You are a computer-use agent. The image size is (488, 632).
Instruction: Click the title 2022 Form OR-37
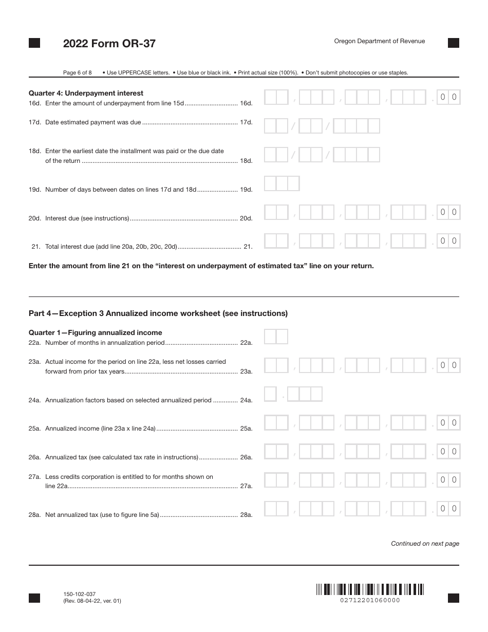[x=109, y=44]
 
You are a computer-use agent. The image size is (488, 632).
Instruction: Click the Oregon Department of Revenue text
[x=379, y=41]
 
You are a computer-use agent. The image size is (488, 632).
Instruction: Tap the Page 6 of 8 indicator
[x=77, y=72]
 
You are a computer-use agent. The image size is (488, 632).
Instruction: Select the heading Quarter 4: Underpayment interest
[x=86, y=93]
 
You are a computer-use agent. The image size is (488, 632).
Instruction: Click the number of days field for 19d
[x=281, y=183]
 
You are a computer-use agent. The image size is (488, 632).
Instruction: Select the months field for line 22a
[x=276, y=337]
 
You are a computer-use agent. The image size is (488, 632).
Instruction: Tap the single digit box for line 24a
[x=270, y=394]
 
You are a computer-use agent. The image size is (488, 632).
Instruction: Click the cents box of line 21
[x=448, y=241]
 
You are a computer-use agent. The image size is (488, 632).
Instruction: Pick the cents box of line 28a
[x=448, y=509]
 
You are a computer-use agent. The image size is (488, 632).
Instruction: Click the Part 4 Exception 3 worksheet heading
[x=158, y=313]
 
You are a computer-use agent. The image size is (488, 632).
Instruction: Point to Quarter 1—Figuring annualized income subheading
[x=95, y=332]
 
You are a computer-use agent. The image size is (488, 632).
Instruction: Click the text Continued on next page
[x=425, y=543]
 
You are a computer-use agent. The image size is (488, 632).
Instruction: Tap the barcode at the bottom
[x=370, y=589]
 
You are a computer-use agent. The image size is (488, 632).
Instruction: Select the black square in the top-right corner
[x=453, y=43]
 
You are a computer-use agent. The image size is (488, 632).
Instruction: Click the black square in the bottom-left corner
[x=34, y=598]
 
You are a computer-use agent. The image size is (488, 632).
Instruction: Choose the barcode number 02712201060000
[x=370, y=600]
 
